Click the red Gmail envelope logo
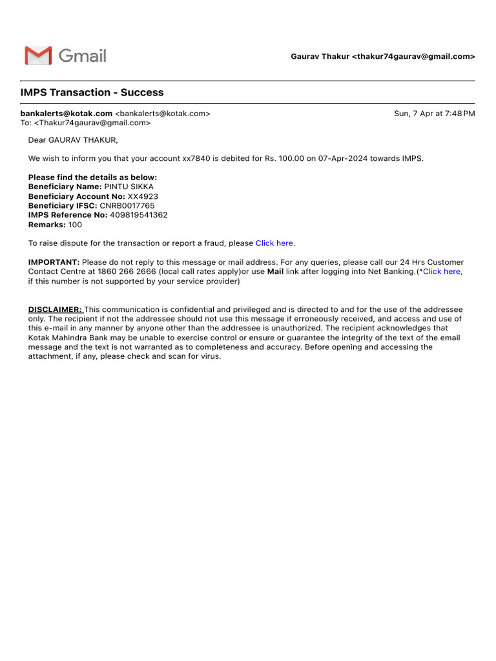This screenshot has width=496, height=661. pos(38,56)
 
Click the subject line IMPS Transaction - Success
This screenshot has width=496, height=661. pos(92,92)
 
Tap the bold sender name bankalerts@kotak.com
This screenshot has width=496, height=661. pos(67,114)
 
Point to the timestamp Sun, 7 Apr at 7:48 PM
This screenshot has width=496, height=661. pos(434,114)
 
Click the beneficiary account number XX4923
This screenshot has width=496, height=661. pos(143,196)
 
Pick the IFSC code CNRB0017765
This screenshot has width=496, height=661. pos(127,206)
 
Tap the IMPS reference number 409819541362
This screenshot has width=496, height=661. pos(139,215)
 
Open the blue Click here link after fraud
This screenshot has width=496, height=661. pos(274,243)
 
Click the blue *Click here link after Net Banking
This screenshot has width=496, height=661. pos(440,272)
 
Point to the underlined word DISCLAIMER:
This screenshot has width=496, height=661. pos(55,310)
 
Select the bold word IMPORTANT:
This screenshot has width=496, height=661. pos(54,262)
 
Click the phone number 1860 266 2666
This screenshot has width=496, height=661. pos(127,272)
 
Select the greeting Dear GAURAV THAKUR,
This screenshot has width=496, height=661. pos(73,140)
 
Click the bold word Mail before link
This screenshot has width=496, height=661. pos(276,272)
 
